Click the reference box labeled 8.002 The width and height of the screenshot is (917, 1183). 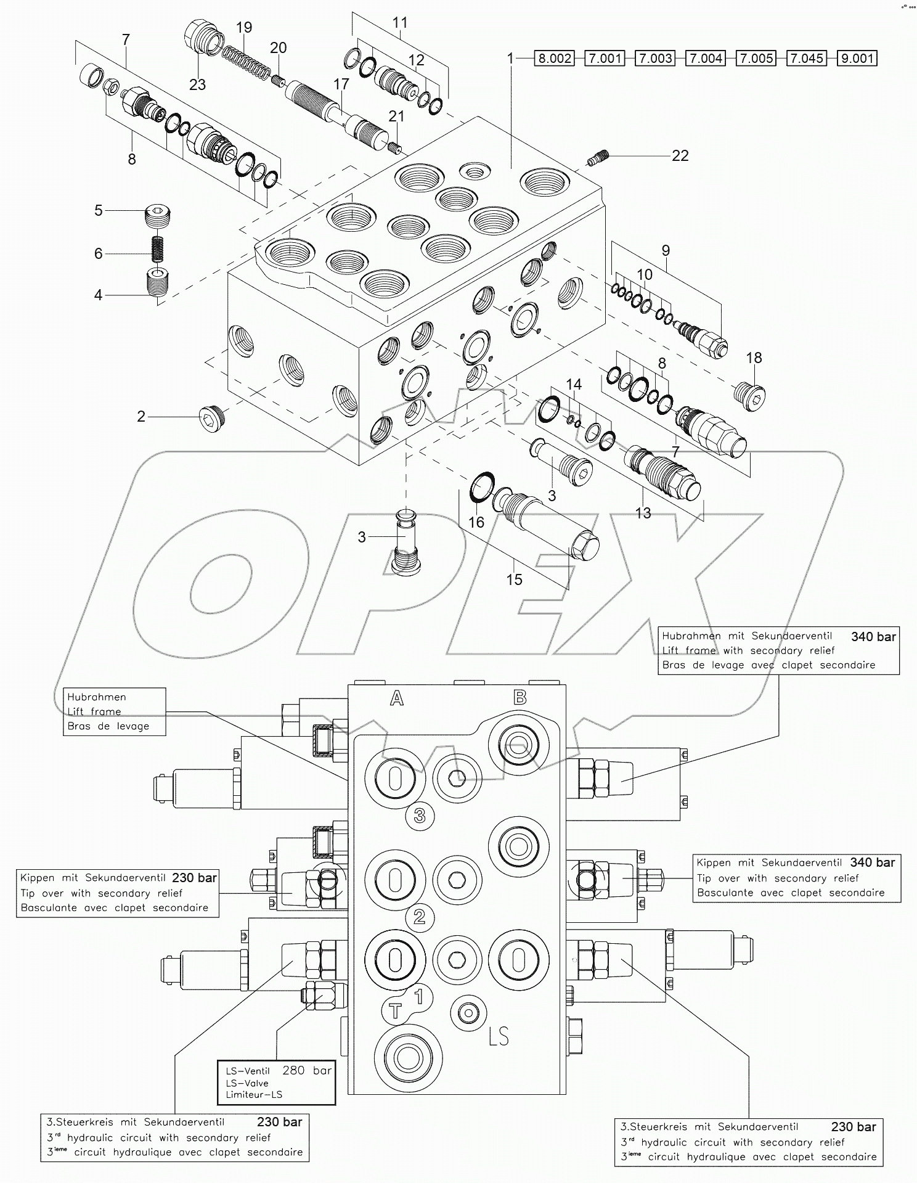[555, 59]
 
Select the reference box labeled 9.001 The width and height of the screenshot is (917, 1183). [857, 59]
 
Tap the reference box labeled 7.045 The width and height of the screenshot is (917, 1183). [807, 59]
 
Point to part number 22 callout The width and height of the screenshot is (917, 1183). [680, 156]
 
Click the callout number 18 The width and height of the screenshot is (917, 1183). [754, 358]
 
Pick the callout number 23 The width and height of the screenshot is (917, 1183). [197, 84]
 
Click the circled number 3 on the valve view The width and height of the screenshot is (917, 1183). [420, 816]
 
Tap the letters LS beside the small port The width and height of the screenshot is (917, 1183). [498, 1036]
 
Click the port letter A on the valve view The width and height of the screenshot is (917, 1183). [397, 698]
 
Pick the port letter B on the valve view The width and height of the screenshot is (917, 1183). [520, 697]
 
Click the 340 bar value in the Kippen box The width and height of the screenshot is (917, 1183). [872, 862]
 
